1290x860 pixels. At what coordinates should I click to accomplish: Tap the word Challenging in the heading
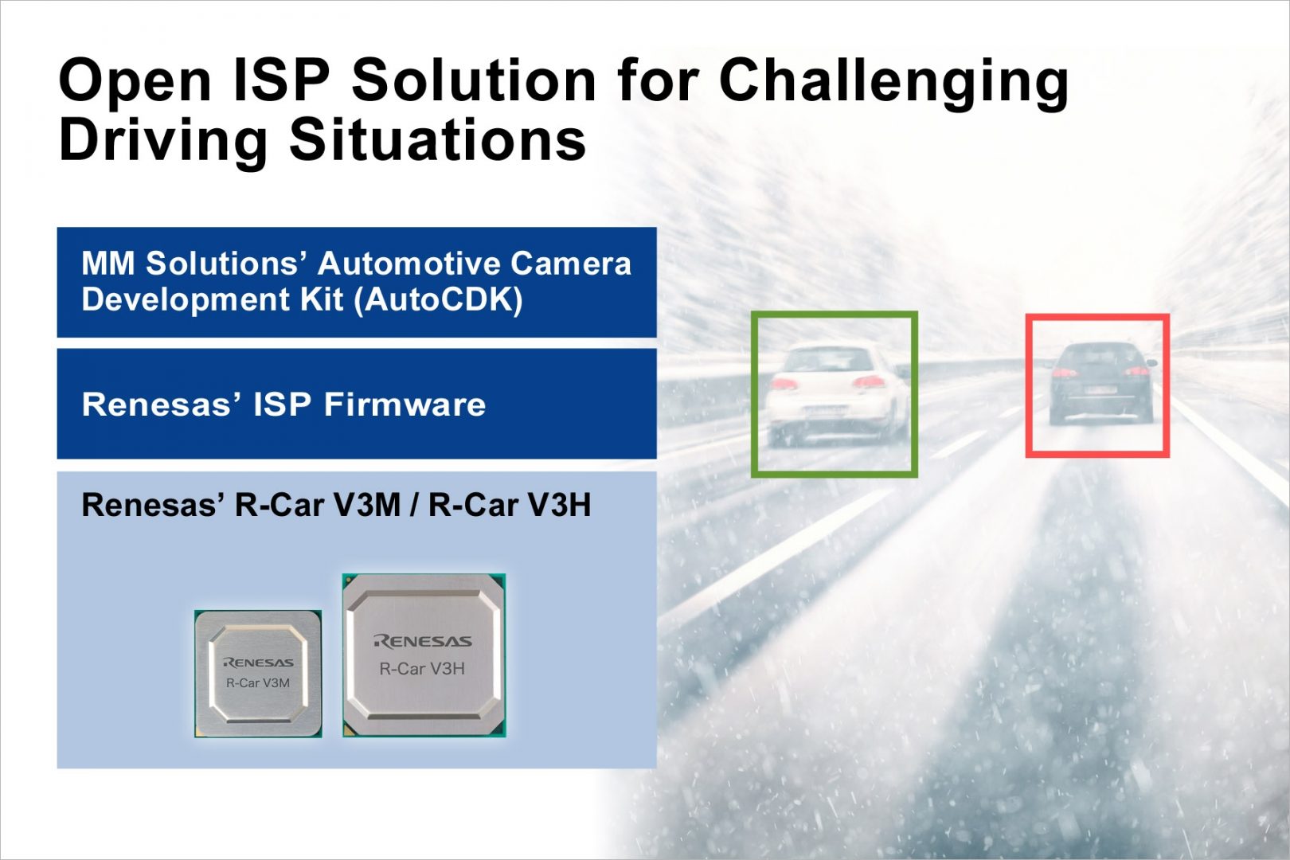pyautogui.click(x=893, y=84)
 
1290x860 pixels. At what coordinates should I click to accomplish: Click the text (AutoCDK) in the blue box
pyautogui.click(x=438, y=300)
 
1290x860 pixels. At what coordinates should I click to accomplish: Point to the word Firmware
pyautogui.click(x=405, y=404)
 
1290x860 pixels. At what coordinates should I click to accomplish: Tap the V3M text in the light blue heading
pyautogui.click(x=367, y=505)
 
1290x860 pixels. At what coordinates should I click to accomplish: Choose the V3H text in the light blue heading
pyautogui.click(x=558, y=505)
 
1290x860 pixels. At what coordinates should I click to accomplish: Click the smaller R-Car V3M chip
pyautogui.click(x=258, y=674)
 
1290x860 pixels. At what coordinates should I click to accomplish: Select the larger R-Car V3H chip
pyautogui.click(x=424, y=655)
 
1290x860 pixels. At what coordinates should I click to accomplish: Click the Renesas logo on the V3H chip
pyautogui.click(x=423, y=641)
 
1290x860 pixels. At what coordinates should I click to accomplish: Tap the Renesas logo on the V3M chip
pyautogui.click(x=258, y=663)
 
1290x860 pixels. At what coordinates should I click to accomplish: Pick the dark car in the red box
pyautogui.click(x=1101, y=382)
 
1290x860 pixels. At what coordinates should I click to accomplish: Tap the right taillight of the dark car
pyautogui.click(x=1137, y=372)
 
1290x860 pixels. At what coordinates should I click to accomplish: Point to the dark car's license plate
pyautogui.click(x=1100, y=391)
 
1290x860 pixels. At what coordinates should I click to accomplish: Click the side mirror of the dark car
pyautogui.click(x=1151, y=362)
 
